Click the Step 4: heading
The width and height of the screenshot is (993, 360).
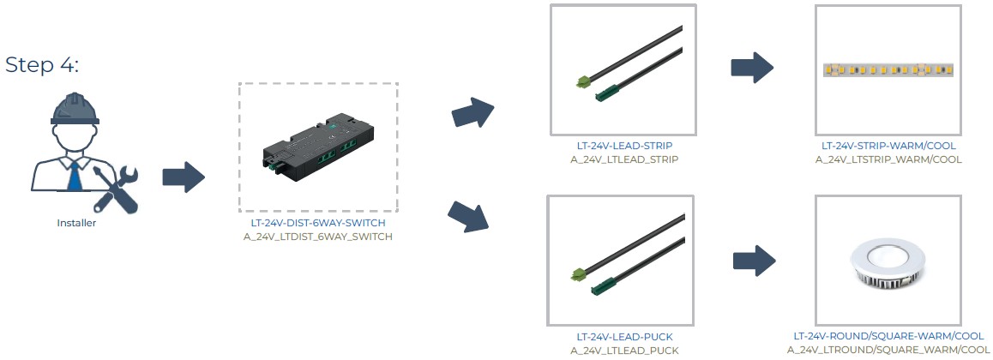point(42,65)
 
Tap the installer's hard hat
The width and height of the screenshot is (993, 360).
point(75,110)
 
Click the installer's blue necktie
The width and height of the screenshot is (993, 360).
point(75,175)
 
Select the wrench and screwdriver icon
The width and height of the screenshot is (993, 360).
point(115,189)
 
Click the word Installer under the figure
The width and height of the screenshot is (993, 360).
point(76,223)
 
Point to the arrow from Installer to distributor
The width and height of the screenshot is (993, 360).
point(184,177)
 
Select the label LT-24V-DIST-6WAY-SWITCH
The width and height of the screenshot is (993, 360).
point(318,224)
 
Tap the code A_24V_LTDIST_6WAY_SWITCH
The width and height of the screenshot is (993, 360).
point(318,237)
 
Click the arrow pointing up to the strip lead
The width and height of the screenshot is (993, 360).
point(472,112)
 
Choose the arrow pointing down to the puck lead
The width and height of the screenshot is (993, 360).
point(469,216)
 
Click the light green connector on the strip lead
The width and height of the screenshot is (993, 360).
point(582,81)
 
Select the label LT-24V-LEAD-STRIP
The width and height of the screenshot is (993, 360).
point(623,147)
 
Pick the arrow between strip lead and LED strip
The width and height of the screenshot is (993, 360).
point(752,67)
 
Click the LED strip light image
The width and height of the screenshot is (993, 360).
point(888,69)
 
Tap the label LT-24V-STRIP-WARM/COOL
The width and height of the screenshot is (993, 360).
point(888,147)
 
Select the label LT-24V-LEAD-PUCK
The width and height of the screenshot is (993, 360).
point(623,337)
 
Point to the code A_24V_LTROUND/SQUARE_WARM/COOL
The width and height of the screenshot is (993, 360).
point(888,350)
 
